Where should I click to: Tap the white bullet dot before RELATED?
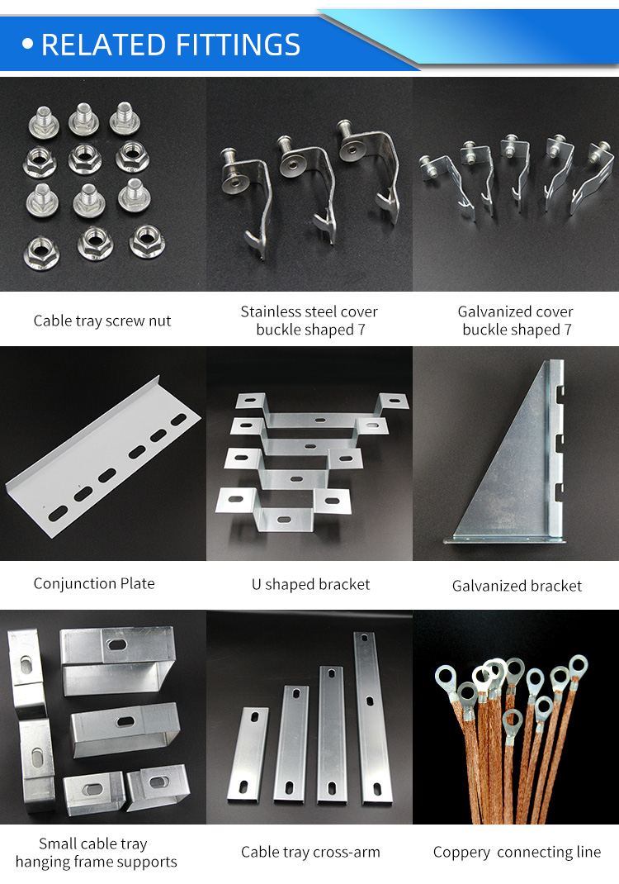(28, 45)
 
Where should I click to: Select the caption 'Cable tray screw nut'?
(102, 321)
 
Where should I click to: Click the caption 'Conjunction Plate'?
(94, 583)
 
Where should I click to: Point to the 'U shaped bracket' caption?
(310, 584)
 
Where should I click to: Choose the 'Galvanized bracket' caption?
(517, 586)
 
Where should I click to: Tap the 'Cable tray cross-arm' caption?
(310, 852)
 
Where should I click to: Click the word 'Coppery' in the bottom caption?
(462, 852)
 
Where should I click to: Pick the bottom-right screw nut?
(146, 241)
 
